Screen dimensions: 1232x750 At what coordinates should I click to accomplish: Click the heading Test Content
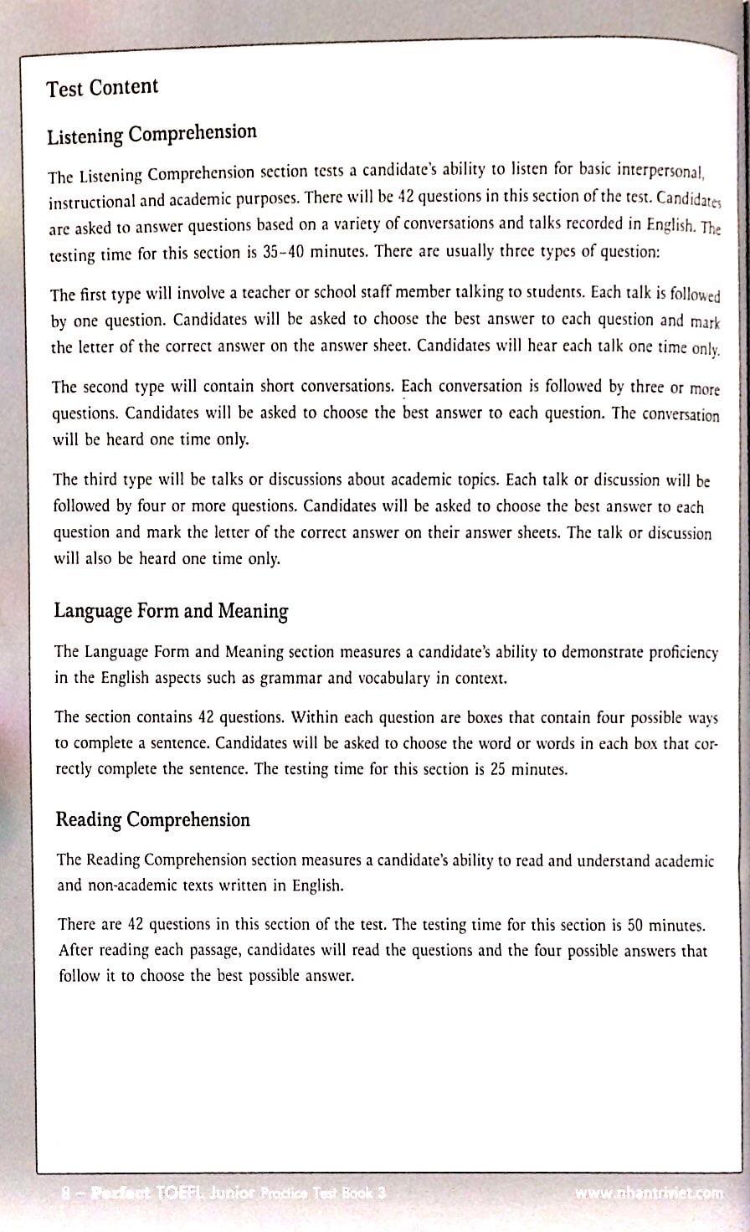[x=102, y=88]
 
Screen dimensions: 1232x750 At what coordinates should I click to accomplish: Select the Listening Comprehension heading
[x=152, y=134]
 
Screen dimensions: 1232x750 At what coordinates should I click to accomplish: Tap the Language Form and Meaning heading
[x=171, y=611]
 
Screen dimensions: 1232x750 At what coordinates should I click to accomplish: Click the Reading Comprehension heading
[x=152, y=819]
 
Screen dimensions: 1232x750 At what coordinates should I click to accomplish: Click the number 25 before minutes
[x=499, y=770]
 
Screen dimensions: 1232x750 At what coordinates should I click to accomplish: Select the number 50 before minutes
[x=640, y=925]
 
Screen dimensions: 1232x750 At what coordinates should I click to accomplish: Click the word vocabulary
[x=376, y=678]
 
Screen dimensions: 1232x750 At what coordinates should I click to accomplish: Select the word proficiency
[x=678, y=651]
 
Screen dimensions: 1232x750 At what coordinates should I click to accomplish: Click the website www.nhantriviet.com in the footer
[x=650, y=1194]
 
